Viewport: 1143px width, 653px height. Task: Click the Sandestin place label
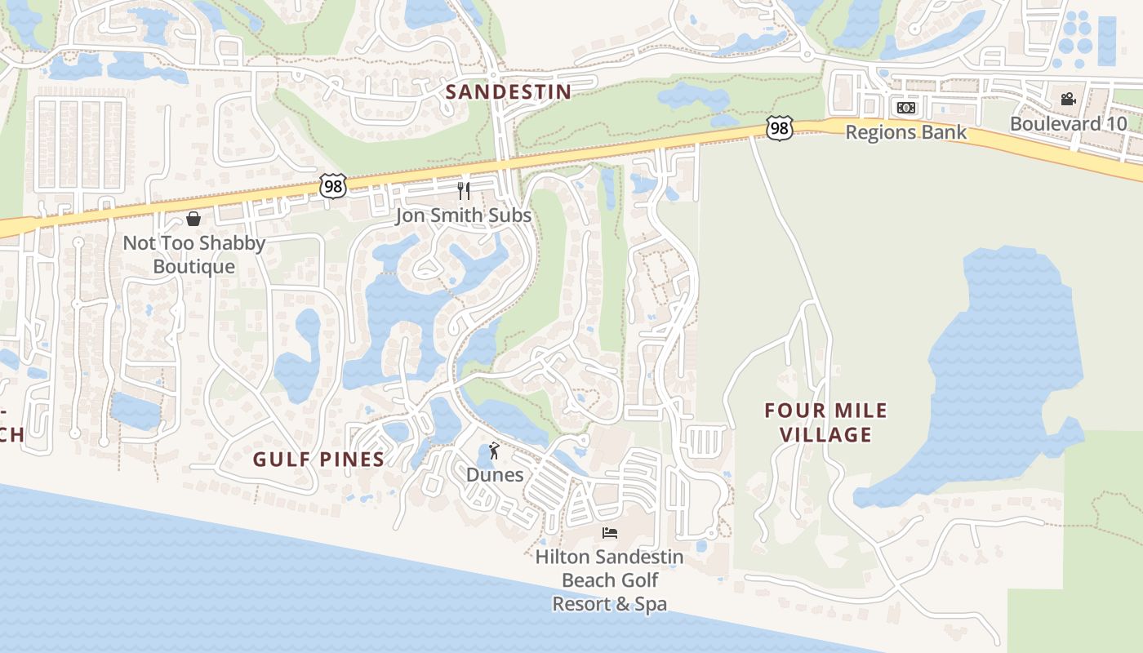(509, 91)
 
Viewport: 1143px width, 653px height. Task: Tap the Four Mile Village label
(825, 422)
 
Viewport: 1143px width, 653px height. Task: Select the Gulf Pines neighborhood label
(318, 460)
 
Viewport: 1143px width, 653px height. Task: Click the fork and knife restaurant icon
(464, 191)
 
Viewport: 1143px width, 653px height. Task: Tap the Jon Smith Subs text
(463, 215)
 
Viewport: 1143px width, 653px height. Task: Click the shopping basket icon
(193, 219)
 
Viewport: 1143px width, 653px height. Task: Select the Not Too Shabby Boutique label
(194, 255)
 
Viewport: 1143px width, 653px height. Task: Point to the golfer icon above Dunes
(493, 451)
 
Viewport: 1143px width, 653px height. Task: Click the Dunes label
(495, 474)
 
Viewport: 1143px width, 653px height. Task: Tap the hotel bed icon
(609, 533)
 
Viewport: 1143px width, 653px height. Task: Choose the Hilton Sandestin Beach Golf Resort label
(609, 580)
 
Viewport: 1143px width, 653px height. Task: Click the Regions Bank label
(905, 132)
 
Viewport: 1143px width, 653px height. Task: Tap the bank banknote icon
(906, 108)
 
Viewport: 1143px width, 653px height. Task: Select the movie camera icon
(1068, 100)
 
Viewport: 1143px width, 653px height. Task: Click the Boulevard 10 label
(1068, 124)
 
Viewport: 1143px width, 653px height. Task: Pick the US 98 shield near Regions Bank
(780, 127)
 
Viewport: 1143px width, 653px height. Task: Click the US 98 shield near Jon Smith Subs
(333, 185)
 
